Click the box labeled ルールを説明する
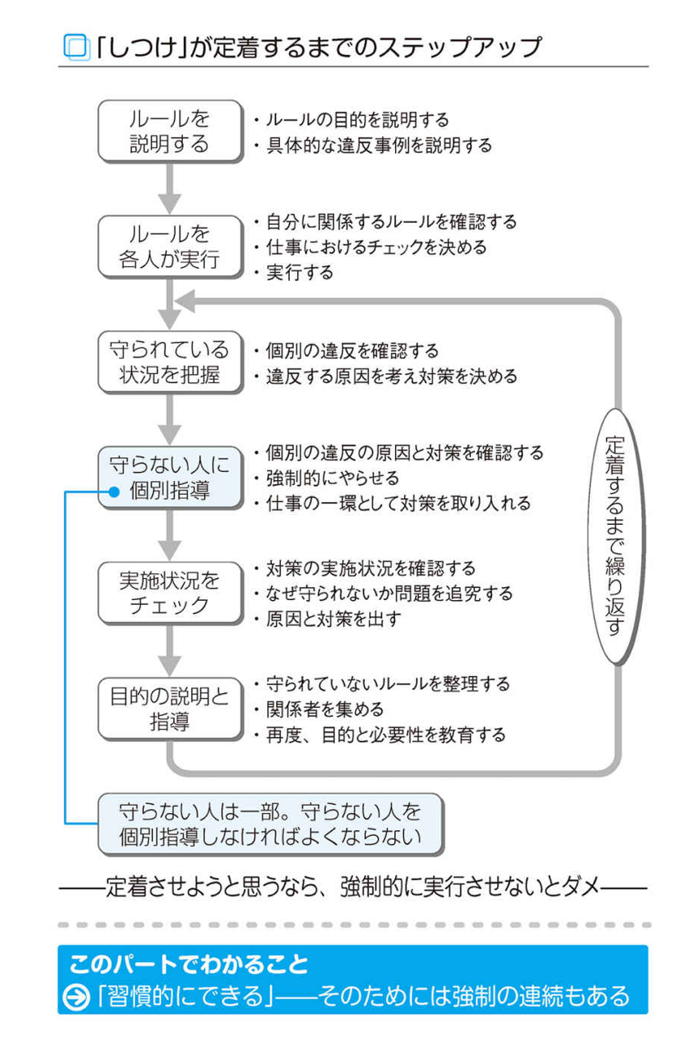point(169,131)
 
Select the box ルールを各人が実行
point(169,246)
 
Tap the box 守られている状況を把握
point(169,362)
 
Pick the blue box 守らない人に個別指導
point(169,478)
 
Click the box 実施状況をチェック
point(169,593)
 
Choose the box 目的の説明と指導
point(169,709)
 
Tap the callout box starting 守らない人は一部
point(270,824)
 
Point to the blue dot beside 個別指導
point(114,491)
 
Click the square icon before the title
point(74,47)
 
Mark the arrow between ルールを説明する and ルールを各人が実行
point(169,188)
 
